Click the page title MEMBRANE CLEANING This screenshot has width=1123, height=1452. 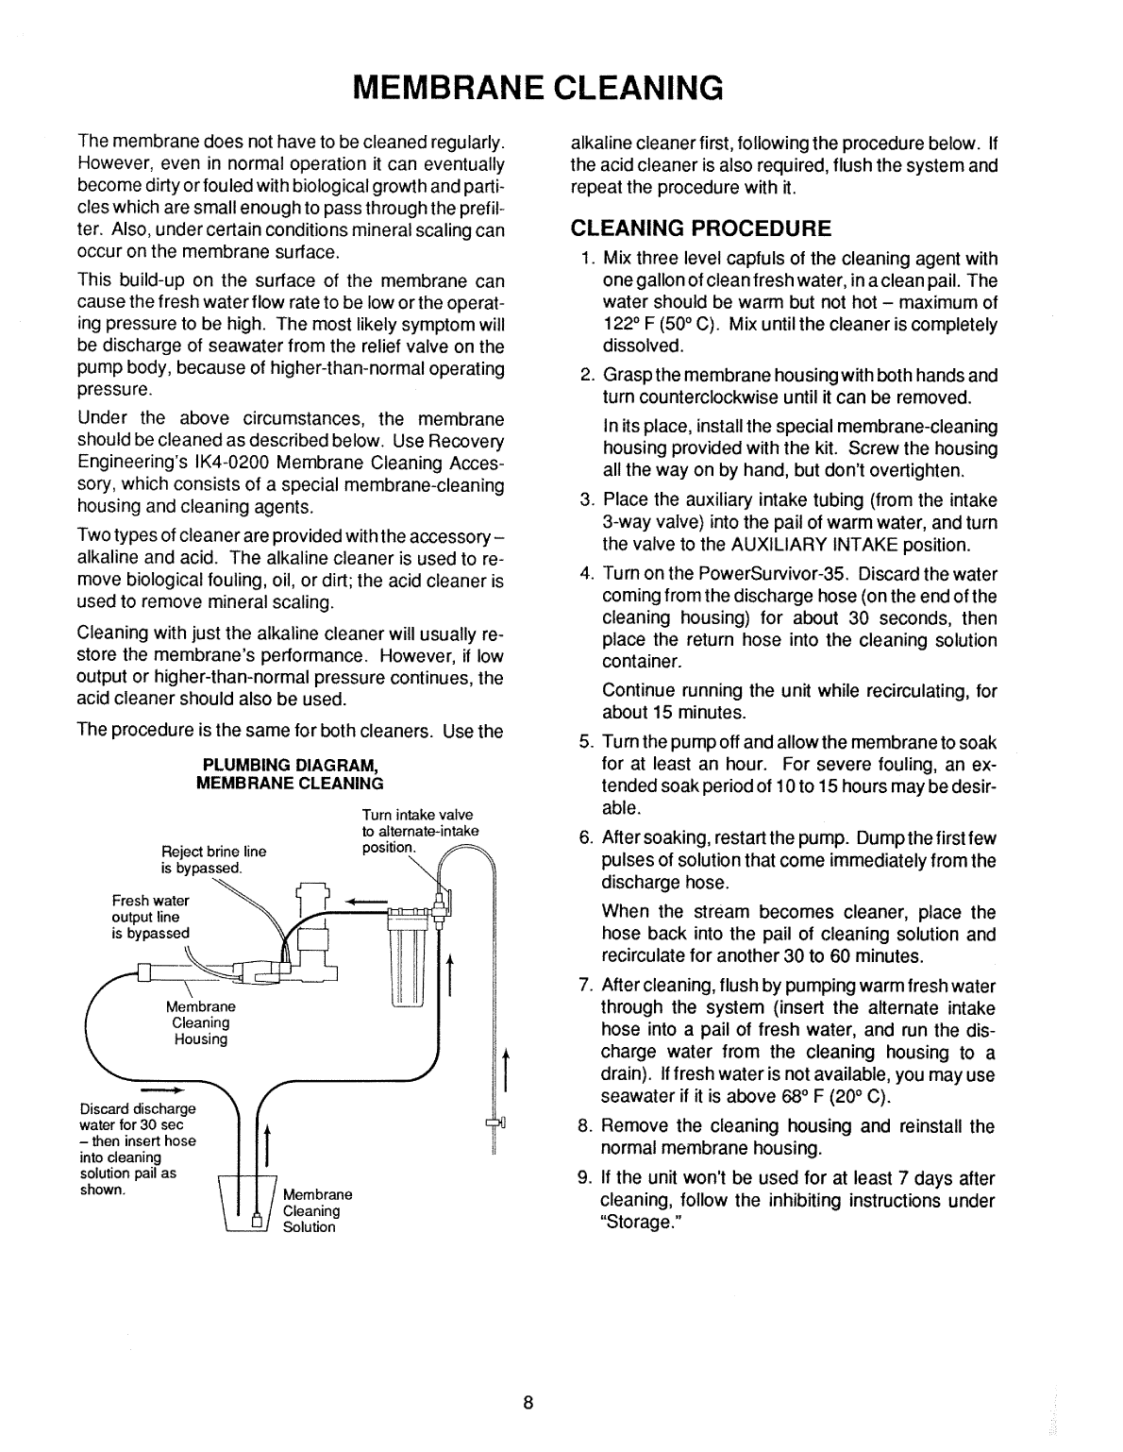coord(536,86)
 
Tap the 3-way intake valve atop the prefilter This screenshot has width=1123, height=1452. coord(438,912)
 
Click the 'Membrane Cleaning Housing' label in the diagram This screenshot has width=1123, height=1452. coord(200,1022)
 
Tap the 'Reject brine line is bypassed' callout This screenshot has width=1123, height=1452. coord(214,859)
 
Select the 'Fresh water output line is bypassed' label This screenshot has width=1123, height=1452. coord(151,917)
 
